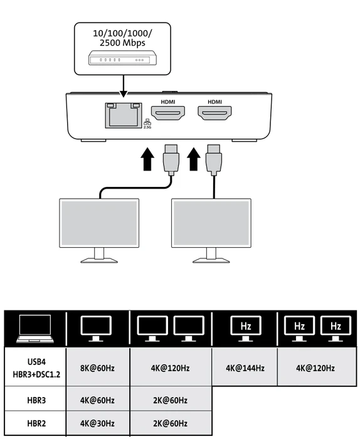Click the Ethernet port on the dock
coord(124,115)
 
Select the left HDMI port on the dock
coord(168,113)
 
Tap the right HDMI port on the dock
coord(214,113)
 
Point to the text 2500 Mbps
coord(122,43)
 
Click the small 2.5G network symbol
coord(147,124)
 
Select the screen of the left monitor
coord(99,223)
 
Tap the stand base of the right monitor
coord(211,261)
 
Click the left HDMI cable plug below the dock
coord(171,160)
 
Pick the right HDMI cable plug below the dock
coord(214,160)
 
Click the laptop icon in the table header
coord(35,329)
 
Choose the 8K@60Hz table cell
coord(97,368)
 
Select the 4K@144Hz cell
coord(245,368)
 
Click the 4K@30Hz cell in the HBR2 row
coord(97,423)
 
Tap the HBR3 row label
coord(36,400)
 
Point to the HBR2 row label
coord(36,423)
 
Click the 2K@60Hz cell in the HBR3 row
coord(170,400)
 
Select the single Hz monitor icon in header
coord(245,329)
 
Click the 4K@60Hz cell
coord(97,400)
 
